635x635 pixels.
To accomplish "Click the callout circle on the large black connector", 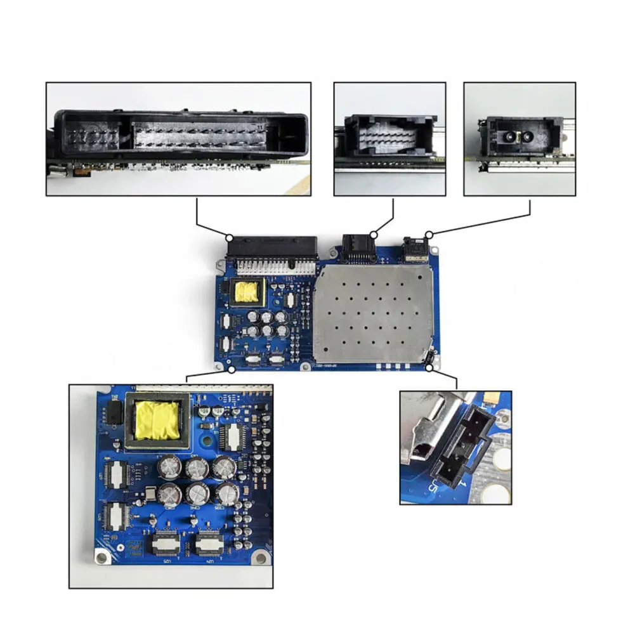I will click(230, 237).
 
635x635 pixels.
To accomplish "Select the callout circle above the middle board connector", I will click(374, 235).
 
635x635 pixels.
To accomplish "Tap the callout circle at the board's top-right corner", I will click(429, 235).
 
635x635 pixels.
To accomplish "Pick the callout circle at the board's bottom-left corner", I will click(232, 369).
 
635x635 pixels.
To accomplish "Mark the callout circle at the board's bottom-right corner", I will click(429, 367).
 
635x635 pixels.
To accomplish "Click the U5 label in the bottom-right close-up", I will click(434, 487).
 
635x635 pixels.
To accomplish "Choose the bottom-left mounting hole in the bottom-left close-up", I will click(101, 558).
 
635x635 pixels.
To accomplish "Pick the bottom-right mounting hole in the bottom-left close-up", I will click(259, 558).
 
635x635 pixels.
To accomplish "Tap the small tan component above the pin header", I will click(491, 398).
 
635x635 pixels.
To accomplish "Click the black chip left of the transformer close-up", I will click(114, 412).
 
